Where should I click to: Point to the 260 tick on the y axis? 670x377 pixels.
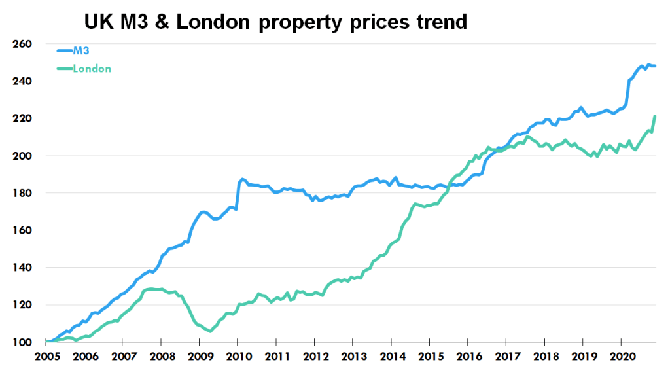pyautogui.click(x=23, y=44)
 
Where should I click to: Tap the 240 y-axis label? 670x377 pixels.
pyautogui.click(x=23, y=81)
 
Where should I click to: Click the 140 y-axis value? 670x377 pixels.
pyautogui.click(x=23, y=268)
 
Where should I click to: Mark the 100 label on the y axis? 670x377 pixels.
pyautogui.click(x=23, y=342)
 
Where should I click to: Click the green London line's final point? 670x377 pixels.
pyautogui.click(x=655, y=117)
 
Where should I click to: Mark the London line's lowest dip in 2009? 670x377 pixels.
pyautogui.click(x=210, y=331)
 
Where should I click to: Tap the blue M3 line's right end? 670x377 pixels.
pyautogui.click(x=655, y=66)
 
